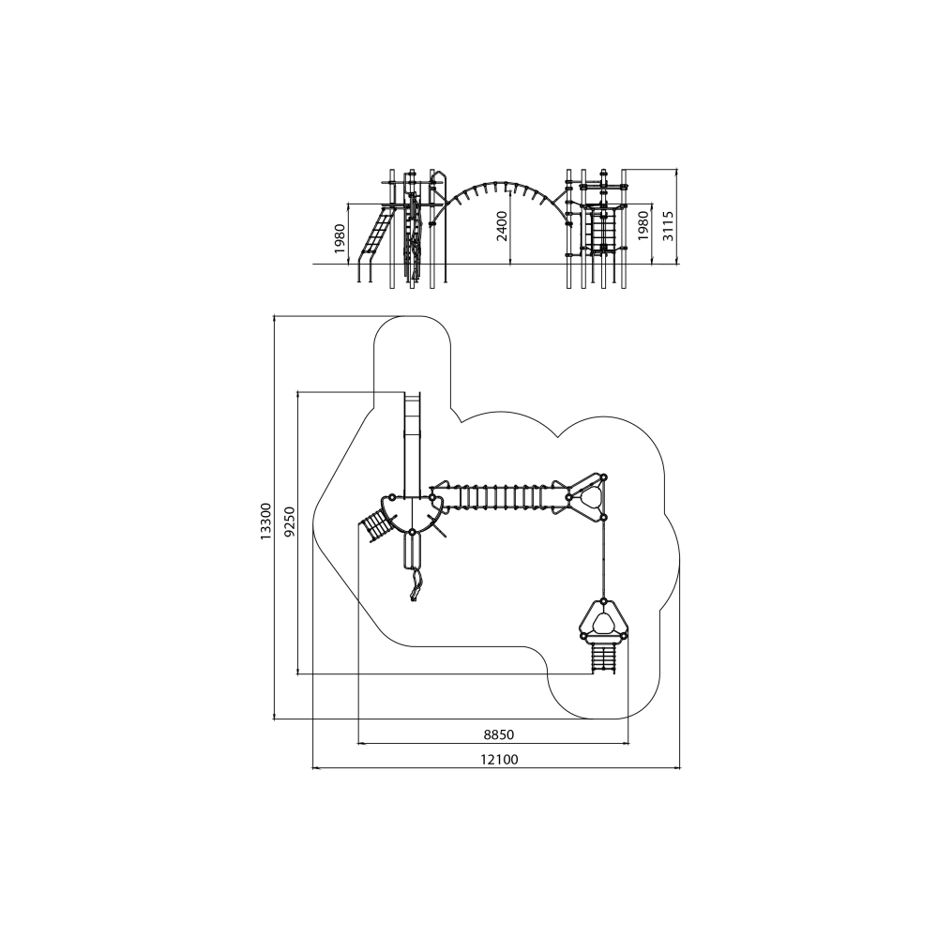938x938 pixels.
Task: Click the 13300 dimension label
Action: [266, 522]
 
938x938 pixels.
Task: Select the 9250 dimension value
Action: [290, 522]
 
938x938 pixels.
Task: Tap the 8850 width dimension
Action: [499, 734]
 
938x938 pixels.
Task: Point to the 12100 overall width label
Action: [499, 760]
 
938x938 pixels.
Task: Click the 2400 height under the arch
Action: [503, 225]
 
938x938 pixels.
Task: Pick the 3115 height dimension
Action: [668, 225]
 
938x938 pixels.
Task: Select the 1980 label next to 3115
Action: [643, 225]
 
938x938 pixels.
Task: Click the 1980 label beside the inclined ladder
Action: [340, 238]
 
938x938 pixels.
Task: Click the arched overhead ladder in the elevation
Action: [505, 183]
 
